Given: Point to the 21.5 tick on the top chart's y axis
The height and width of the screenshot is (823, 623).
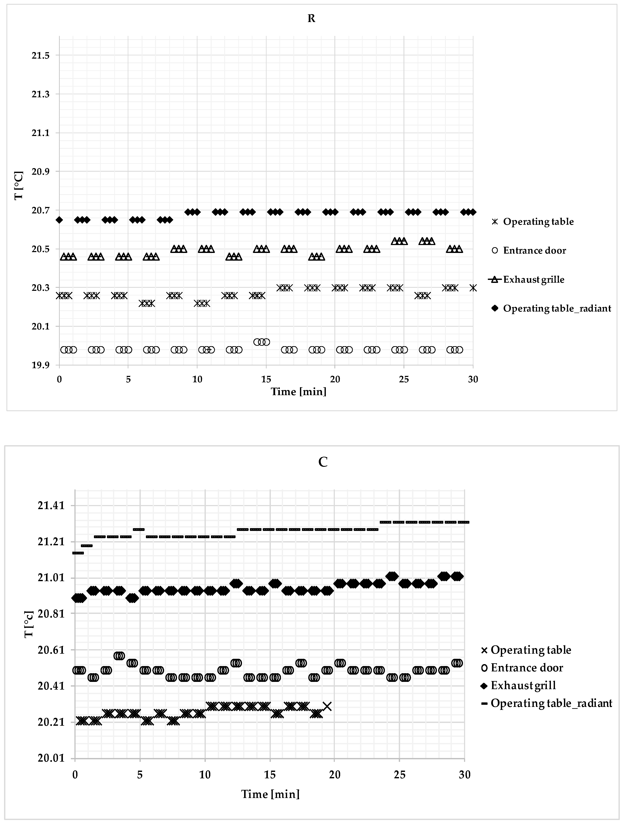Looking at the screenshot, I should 41,55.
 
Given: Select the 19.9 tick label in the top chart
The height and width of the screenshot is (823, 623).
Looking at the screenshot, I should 41,365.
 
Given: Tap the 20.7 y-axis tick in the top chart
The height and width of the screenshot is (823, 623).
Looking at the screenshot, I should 41,210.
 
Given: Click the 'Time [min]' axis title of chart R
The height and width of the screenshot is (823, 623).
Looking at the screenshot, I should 298,392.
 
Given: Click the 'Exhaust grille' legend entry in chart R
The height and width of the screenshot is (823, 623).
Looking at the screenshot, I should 533,279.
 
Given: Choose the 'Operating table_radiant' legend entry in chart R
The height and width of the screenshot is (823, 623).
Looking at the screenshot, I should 557,309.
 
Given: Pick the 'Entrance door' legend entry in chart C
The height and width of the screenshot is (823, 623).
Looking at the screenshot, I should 527,668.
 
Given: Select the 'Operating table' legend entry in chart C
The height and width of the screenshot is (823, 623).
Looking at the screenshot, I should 531,650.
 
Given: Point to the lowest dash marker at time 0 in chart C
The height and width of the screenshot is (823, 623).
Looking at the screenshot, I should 78,553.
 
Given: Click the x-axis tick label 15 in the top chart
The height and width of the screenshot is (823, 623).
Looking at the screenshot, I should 266,380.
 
